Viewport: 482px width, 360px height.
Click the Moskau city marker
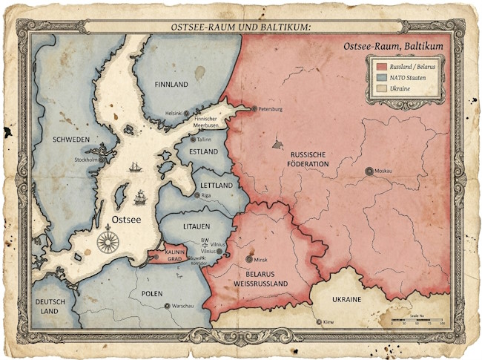369,171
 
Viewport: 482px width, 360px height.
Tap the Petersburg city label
269,109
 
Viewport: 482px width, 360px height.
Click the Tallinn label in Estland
205,139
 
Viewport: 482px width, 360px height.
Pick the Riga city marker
197,195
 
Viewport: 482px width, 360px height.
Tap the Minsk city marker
248,259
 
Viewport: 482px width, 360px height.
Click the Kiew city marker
319,322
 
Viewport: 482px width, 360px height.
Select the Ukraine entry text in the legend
401,89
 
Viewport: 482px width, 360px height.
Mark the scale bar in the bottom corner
417,321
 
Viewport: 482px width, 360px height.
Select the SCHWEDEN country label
71,140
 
